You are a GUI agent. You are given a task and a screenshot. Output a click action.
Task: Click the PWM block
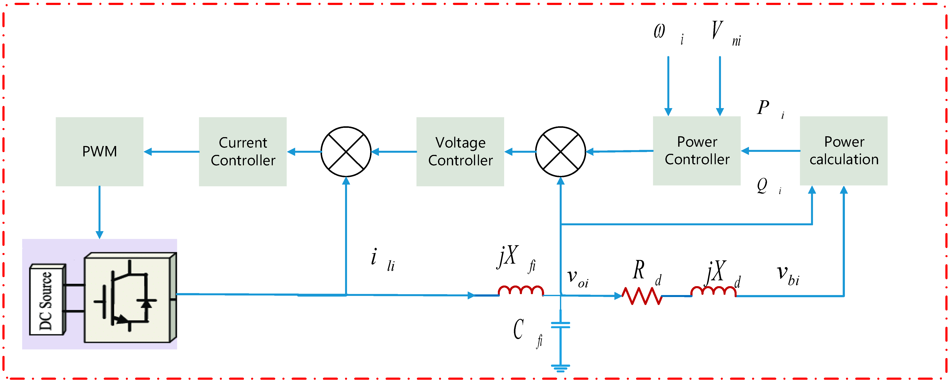[99, 151]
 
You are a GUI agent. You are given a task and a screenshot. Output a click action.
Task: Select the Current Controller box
[243, 151]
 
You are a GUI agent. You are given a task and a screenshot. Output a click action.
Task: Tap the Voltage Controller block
[460, 151]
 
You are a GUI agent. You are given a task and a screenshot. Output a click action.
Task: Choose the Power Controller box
[697, 151]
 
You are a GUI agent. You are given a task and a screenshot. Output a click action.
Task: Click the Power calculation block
[844, 151]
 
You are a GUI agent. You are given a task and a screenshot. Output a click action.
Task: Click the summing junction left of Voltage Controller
[346, 151]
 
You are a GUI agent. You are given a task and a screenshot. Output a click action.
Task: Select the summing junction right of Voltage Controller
[560, 151]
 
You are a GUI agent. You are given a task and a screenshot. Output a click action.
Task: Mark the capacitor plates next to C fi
[560, 325]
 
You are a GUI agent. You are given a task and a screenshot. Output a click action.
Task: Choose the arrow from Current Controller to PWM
[172, 151]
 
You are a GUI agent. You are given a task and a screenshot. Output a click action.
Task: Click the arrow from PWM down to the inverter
[99, 212]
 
